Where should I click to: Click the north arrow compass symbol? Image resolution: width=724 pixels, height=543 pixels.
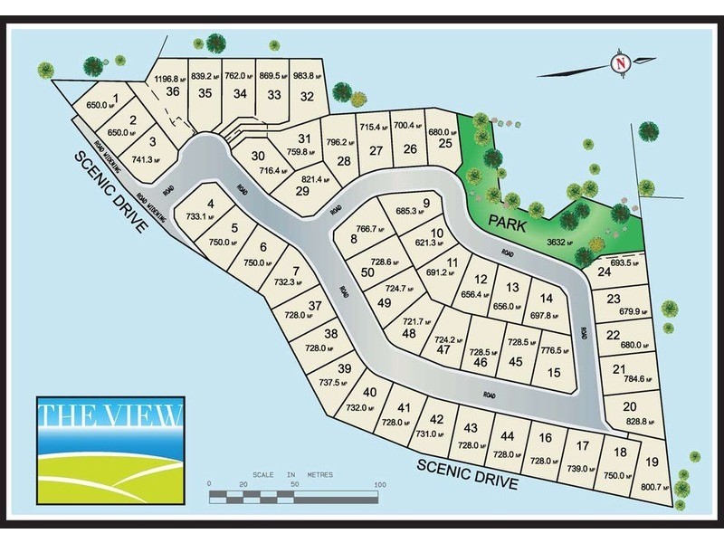click(620, 63)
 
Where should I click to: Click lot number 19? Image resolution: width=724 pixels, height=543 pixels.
click(653, 462)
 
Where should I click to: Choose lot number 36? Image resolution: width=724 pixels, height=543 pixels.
click(172, 91)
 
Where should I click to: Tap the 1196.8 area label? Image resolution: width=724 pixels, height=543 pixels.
click(169, 78)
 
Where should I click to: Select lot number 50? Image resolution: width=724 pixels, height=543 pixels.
click(367, 272)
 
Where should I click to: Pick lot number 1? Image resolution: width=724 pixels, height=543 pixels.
click(115, 98)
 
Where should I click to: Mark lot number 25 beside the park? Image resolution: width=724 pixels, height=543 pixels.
click(444, 143)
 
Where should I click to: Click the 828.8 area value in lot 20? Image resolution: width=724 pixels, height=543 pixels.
click(633, 423)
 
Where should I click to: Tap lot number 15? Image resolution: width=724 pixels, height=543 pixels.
click(554, 373)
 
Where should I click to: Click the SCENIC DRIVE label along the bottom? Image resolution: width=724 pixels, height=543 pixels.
click(467, 474)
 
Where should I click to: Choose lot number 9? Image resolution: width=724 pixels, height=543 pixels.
click(425, 202)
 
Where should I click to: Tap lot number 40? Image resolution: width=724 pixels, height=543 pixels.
click(369, 392)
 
